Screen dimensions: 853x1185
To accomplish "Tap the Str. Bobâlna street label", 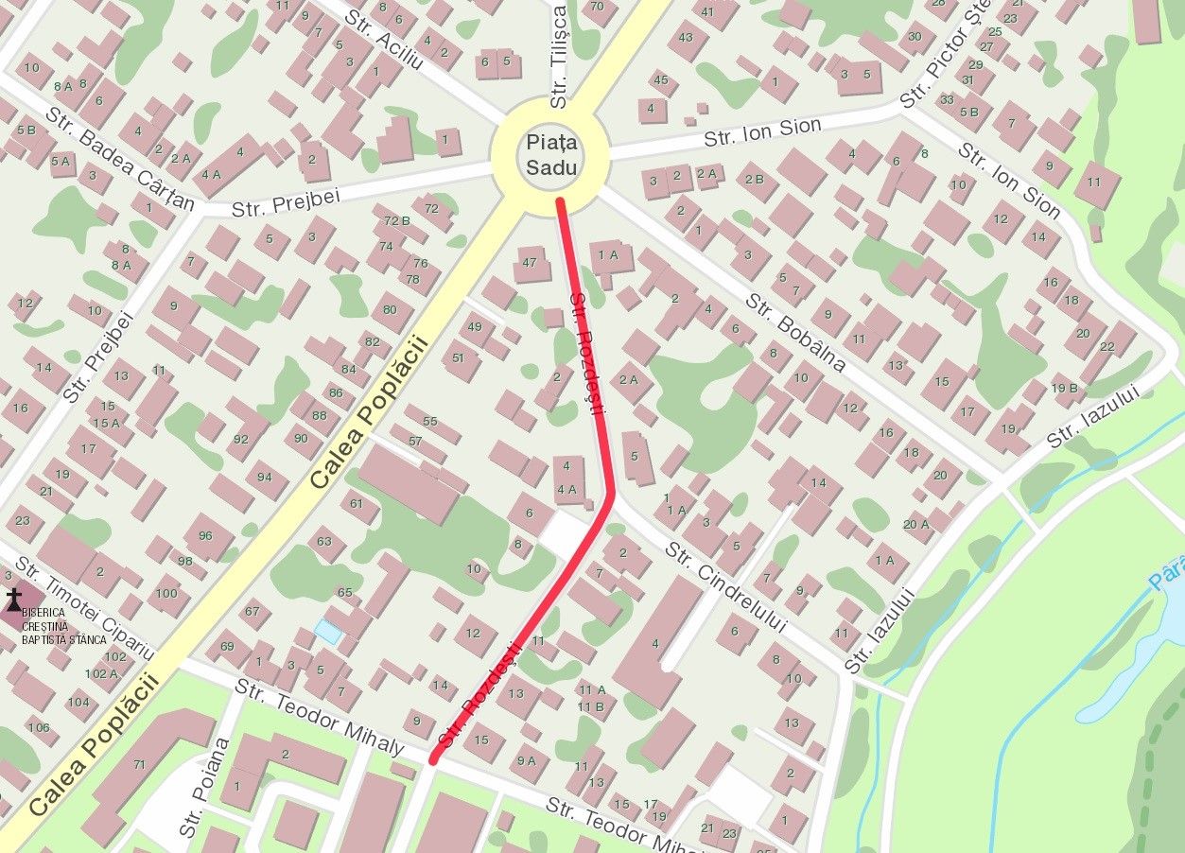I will (793, 330).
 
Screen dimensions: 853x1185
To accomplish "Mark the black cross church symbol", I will (14, 599).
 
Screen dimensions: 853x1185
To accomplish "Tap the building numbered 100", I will (166, 594).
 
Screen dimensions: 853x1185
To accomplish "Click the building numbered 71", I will (140, 764).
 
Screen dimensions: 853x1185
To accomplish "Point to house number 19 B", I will (1065, 388).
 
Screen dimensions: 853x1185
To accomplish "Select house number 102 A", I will (101, 674).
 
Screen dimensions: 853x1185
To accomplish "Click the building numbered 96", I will (205, 536).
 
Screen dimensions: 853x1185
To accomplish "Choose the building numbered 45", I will (660, 79).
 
